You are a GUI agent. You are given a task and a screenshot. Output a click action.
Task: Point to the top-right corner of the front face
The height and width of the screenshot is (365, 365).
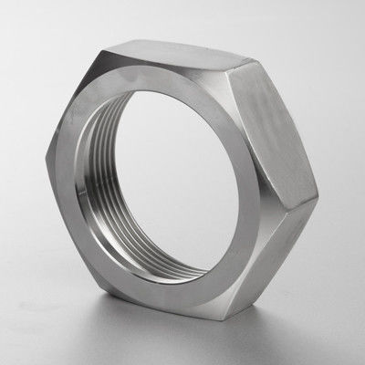pos(225,73)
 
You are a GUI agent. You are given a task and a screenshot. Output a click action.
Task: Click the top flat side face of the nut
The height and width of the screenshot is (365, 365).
pos(182,55)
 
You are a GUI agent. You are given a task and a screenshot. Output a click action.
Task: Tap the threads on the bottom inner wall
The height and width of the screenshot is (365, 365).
pos(164,265)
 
